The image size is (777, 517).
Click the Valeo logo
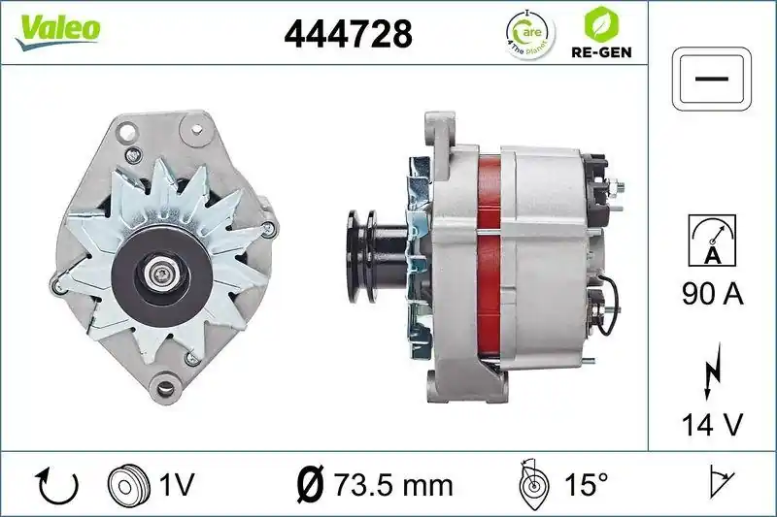click(x=56, y=29)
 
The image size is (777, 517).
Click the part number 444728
click(x=348, y=34)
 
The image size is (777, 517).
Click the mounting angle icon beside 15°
click(x=530, y=482)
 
